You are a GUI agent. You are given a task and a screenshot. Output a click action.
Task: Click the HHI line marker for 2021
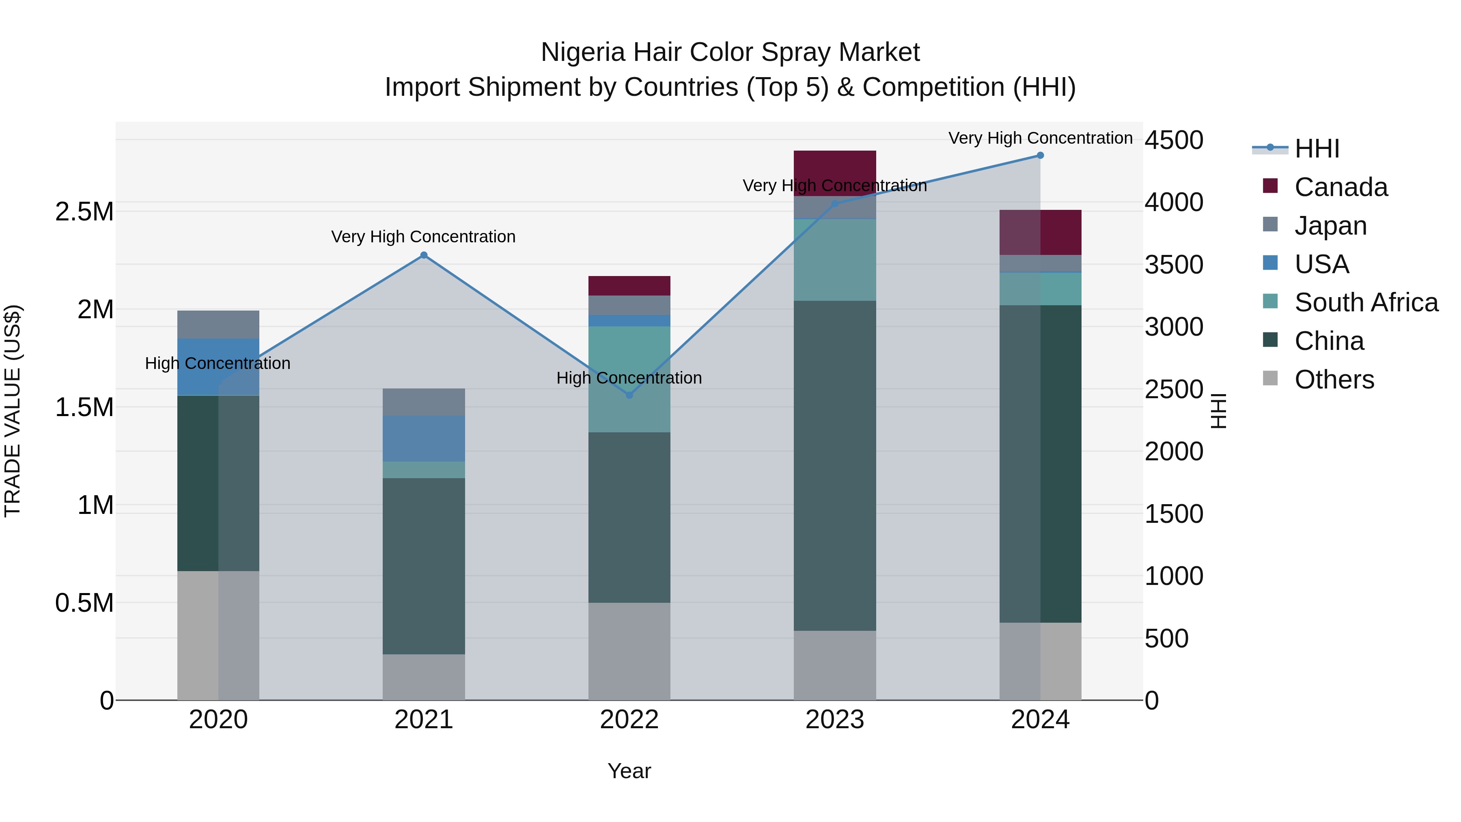pos(424,255)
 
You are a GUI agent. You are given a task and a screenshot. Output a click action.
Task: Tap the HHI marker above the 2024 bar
pos(1040,155)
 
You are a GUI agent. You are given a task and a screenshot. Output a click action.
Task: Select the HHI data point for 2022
pos(629,395)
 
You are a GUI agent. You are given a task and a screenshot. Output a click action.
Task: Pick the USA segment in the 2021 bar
pos(424,438)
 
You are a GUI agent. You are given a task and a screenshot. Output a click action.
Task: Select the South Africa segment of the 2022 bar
pos(629,379)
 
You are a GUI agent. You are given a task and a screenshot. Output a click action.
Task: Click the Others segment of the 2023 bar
pos(834,665)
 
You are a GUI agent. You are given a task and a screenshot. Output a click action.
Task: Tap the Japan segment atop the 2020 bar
pos(218,324)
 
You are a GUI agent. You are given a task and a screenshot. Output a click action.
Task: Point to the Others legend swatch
pos(1270,378)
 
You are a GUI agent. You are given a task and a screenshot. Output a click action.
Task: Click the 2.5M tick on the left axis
pos(84,211)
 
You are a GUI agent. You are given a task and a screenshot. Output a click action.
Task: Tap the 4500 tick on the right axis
pos(1173,140)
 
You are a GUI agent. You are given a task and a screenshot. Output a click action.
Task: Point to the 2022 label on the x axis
pos(629,720)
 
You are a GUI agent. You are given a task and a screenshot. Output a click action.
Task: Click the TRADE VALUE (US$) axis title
pos(13,411)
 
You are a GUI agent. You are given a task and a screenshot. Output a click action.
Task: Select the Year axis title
pos(629,771)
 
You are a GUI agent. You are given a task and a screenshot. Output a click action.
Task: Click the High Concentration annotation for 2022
pos(629,378)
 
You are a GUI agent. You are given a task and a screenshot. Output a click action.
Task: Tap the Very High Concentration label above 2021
pos(423,237)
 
